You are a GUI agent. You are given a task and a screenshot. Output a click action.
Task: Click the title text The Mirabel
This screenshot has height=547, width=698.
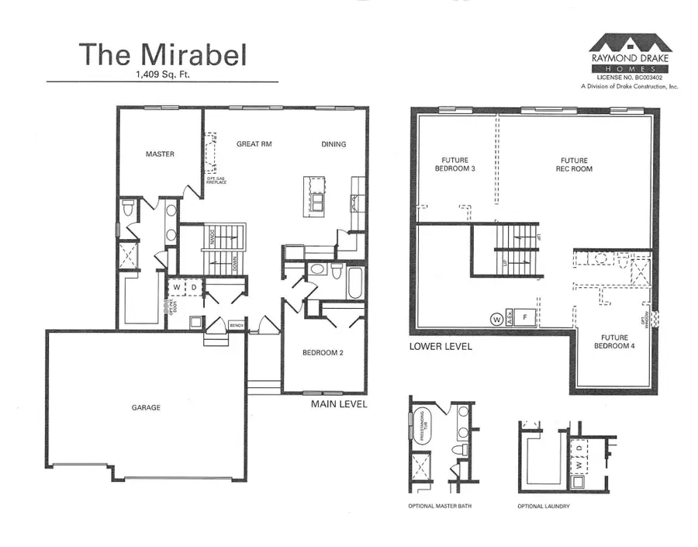coord(162,54)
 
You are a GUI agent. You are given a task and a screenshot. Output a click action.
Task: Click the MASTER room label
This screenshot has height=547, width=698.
coord(160,154)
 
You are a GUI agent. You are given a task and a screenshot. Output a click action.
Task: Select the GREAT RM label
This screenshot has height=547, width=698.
coord(254,144)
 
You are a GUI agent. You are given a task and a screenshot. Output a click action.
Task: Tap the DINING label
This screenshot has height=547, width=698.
coord(333,144)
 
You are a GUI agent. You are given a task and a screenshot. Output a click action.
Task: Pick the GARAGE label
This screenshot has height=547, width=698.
coord(146,407)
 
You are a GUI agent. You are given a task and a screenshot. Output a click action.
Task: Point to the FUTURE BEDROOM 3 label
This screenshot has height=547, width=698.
coord(452,164)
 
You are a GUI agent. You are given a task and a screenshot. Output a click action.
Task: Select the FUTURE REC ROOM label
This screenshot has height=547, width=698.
coord(573,164)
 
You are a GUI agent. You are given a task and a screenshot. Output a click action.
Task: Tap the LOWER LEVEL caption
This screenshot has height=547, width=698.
coord(440,347)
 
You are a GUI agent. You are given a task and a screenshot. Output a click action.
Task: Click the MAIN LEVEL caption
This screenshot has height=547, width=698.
coord(339,404)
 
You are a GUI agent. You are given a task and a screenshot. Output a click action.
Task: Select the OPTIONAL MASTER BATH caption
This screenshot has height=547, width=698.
coord(440,506)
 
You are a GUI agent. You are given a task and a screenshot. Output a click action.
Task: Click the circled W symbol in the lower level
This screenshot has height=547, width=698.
coord(495,317)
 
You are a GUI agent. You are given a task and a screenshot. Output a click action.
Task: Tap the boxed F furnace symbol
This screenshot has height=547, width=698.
coord(525,317)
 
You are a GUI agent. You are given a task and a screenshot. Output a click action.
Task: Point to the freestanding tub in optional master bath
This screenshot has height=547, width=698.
coord(423,426)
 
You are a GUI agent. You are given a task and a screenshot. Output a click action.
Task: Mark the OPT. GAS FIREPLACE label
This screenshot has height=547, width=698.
coord(216,182)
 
